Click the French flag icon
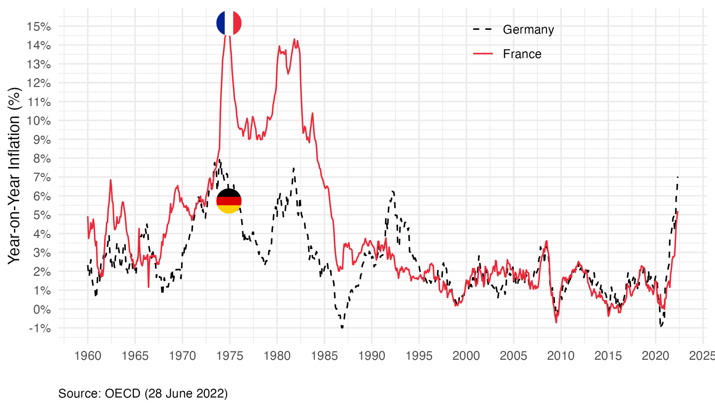pos(229,23)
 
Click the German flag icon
pos(229,201)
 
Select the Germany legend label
pos(528,29)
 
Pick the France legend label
pos(522,54)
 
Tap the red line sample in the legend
pos(483,54)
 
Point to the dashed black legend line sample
pos(483,29)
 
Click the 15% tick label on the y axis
pos(38,26)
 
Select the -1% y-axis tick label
pos(39,329)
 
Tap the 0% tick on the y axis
pos(42,309)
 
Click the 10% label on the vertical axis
pos(38,121)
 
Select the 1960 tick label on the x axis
pos(88,356)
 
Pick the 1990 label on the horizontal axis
pos(371,356)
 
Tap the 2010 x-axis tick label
pos(561,356)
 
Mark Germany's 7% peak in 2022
pos(678,177)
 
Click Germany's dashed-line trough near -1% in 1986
pos(342,328)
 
